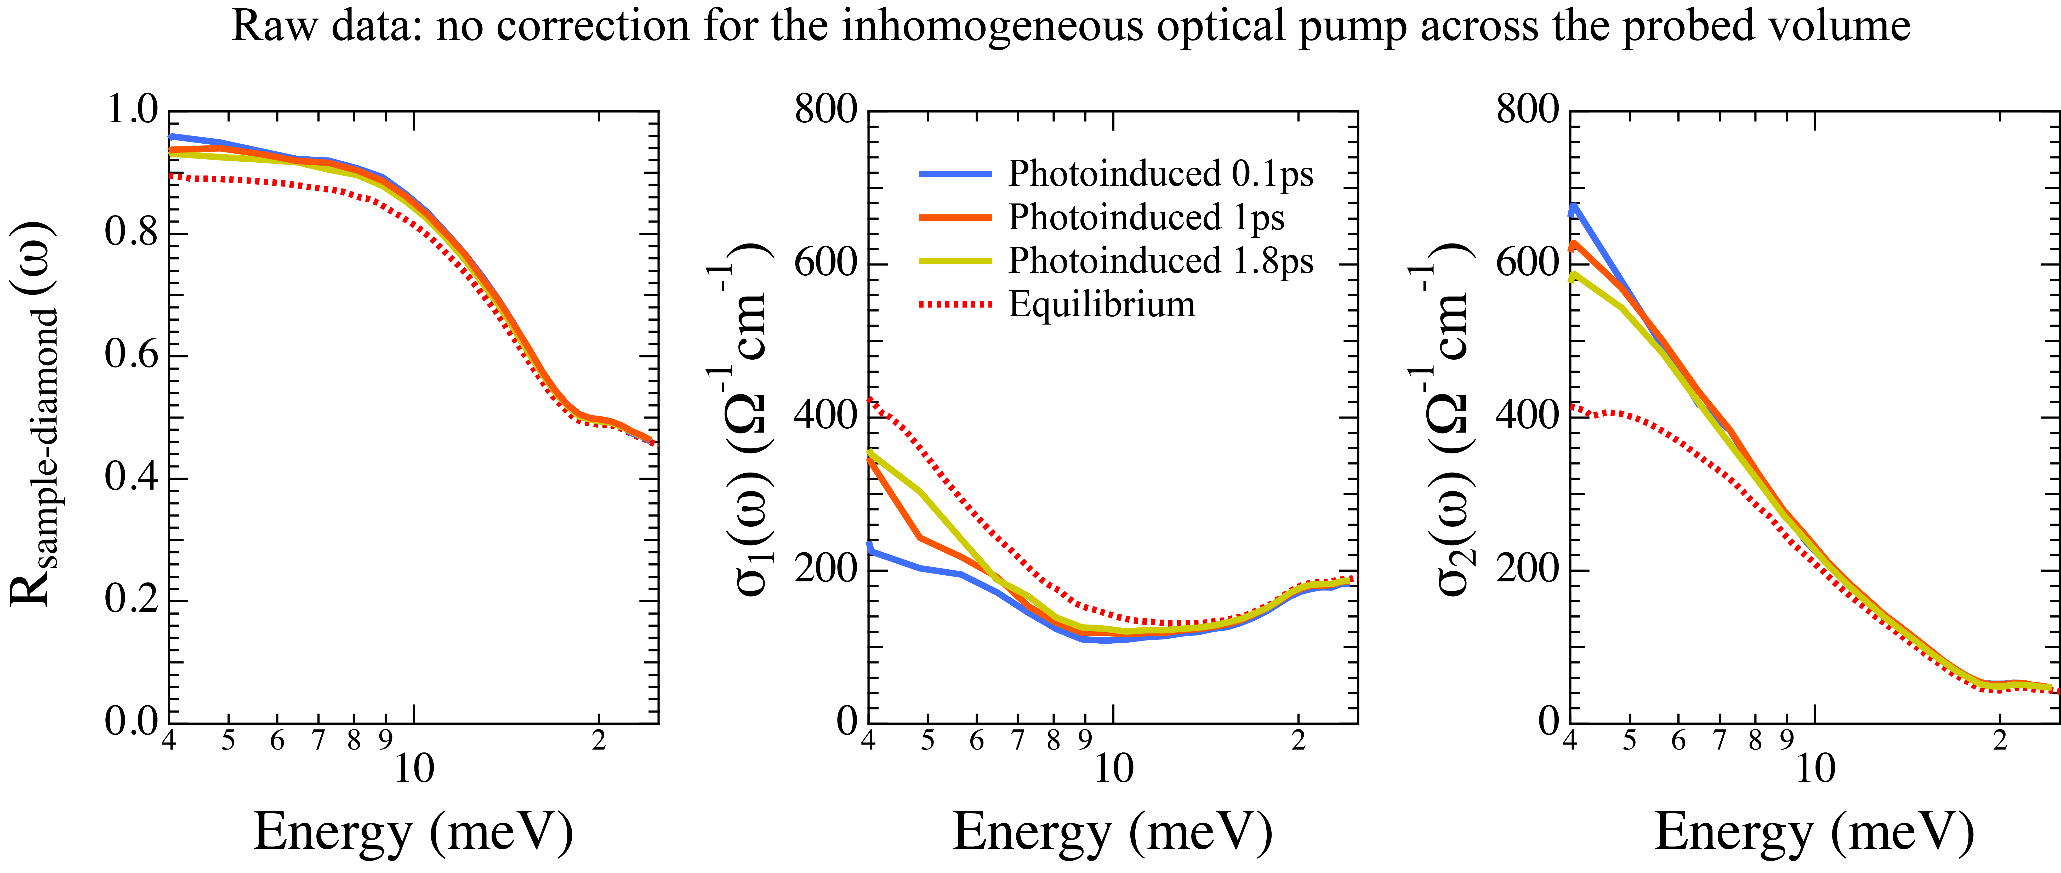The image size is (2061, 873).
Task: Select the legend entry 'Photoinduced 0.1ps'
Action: pos(1160,174)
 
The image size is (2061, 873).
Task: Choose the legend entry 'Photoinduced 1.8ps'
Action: pos(1160,261)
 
